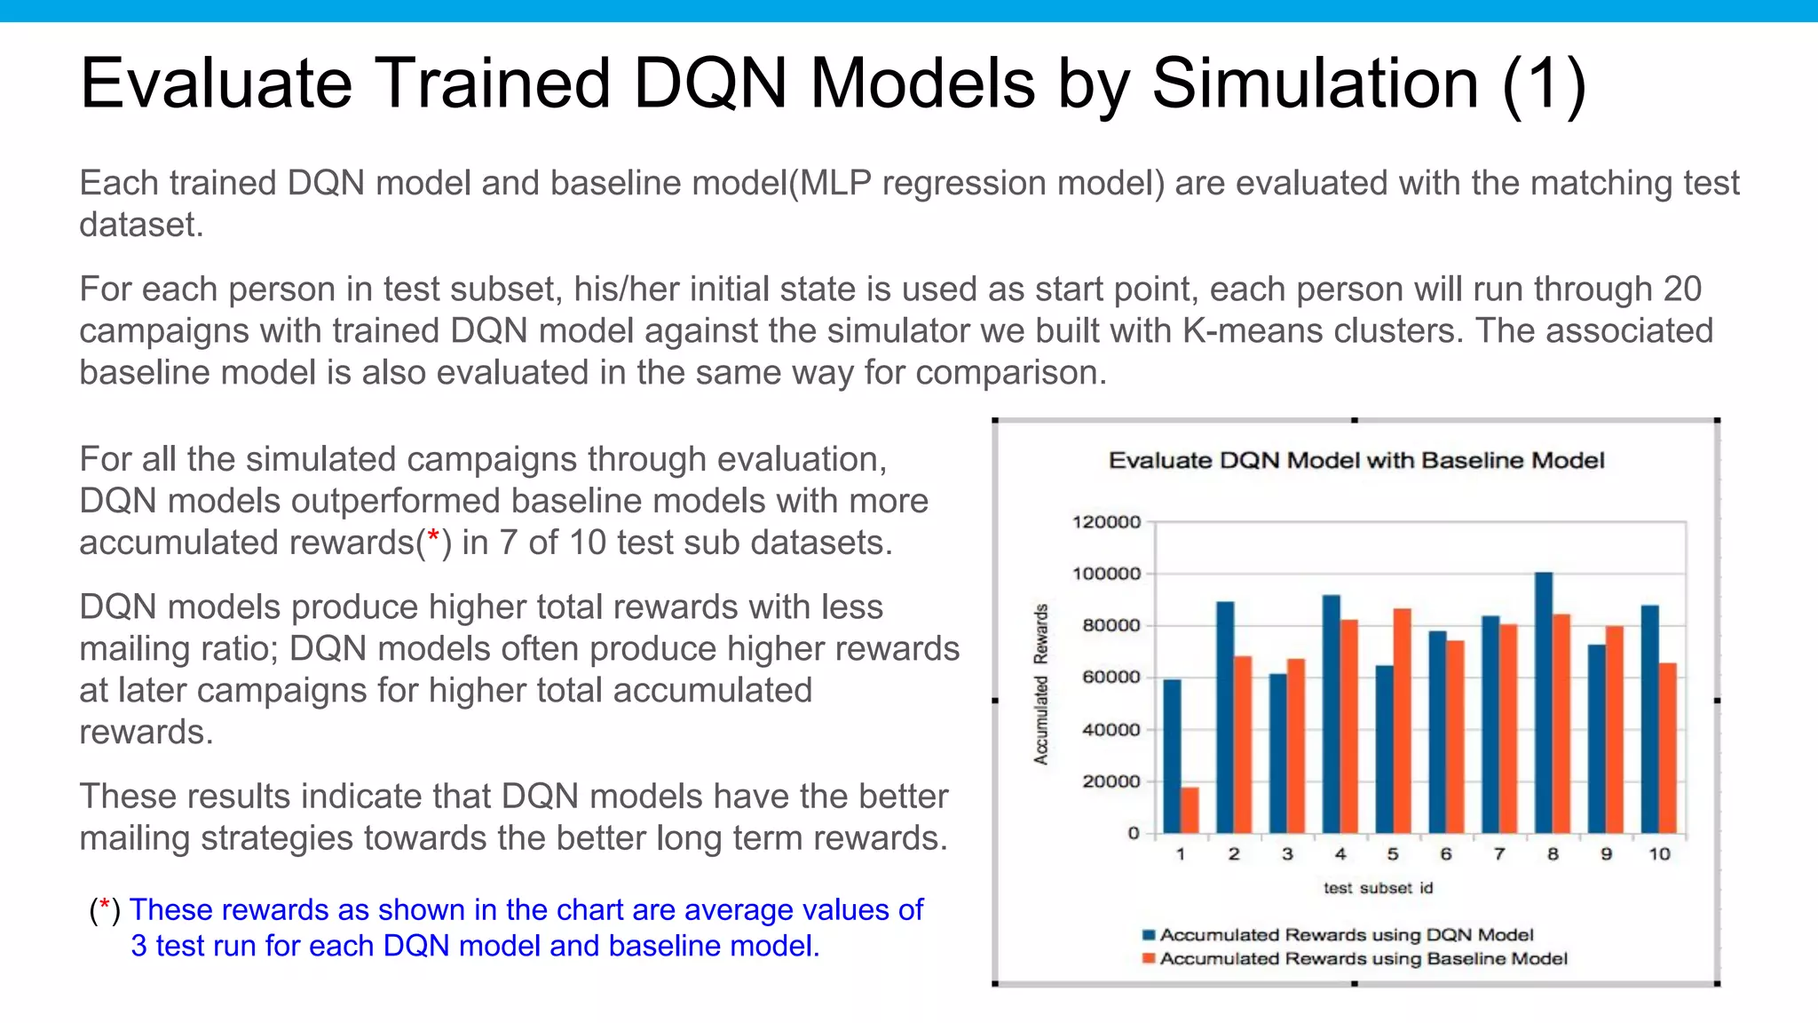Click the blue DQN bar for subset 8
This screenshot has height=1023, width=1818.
[x=1544, y=703]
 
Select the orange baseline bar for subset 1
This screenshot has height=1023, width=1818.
[x=1190, y=810]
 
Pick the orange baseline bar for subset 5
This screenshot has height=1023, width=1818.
[x=1403, y=721]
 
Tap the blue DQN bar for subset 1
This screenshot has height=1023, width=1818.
[x=1172, y=757]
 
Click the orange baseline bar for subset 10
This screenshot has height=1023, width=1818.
[x=1668, y=748]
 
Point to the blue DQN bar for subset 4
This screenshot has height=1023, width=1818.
[x=1332, y=714]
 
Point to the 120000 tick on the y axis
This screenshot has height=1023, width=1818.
[x=1106, y=522]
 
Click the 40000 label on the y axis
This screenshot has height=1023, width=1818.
[x=1111, y=730]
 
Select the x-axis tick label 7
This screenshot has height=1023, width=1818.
[x=1499, y=854]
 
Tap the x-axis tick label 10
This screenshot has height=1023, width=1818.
[x=1659, y=854]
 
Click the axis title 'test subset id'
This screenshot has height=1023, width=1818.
[x=1378, y=888]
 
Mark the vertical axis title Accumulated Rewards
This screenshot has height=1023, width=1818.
[x=1041, y=684]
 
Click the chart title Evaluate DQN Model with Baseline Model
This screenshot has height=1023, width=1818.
[x=1356, y=461]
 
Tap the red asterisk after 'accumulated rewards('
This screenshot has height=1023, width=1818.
[x=433, y=537]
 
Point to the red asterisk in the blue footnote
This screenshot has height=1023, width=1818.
[x=105, y=907]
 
